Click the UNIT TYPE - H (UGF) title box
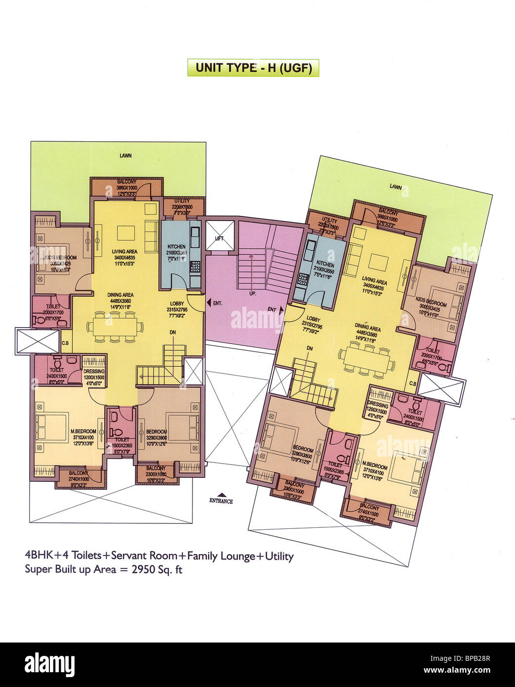click(x=253, y=68)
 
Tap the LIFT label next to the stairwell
click(x=219, y=238)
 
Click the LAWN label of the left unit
click(x=125, y=156)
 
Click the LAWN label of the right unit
click(x=396, y=186)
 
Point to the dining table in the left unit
click(x=115, y=327)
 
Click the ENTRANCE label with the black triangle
click(x=221, y=500)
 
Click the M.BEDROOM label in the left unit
click(x=83, y=431)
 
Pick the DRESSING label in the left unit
click(x=94, y=371)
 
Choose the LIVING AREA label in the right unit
click(x=374, y=281)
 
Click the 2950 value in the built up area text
click(x=143, y=569)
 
